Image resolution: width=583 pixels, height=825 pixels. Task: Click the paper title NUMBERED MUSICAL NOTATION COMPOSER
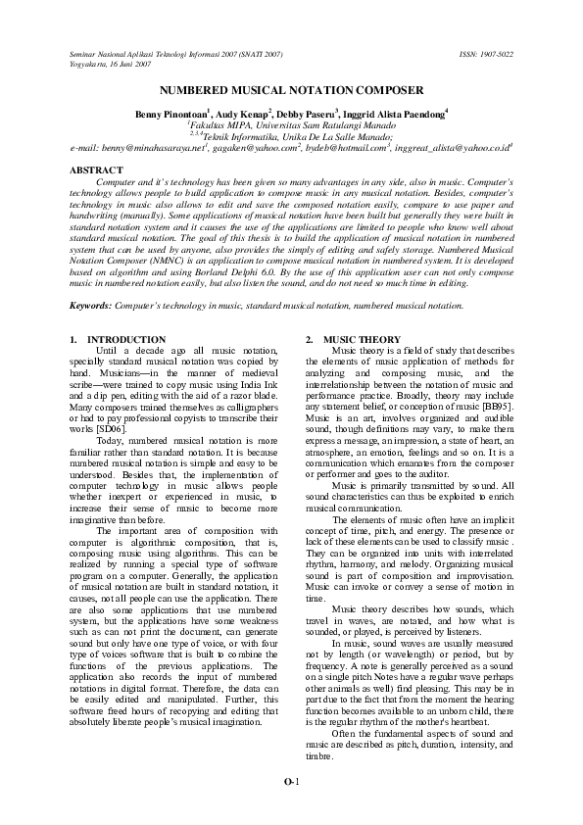click(x=291, y=89)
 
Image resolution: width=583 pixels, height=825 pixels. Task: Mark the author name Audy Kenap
click(x=244, y=115)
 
